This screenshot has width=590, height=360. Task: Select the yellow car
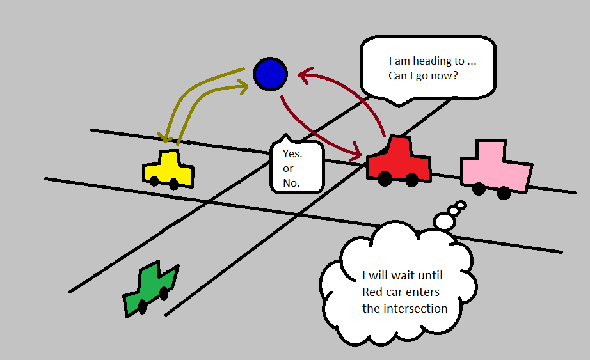coord(168,169)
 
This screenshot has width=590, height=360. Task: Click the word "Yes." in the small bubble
coord(292,154)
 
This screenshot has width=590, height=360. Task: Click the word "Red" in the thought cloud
coord(373,293)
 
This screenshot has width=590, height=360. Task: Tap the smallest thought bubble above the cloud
coord(461,205)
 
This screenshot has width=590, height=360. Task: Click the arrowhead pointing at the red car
coord(355,154)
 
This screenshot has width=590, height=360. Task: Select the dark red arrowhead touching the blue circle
coord(303,75)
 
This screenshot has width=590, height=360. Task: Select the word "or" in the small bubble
coord(288,169)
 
